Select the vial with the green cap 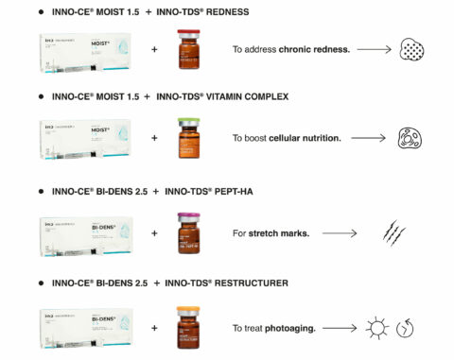click(191, 139)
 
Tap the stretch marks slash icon click(394, 232)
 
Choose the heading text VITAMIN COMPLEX click(240, 97)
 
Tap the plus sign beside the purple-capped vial click(154, 233)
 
